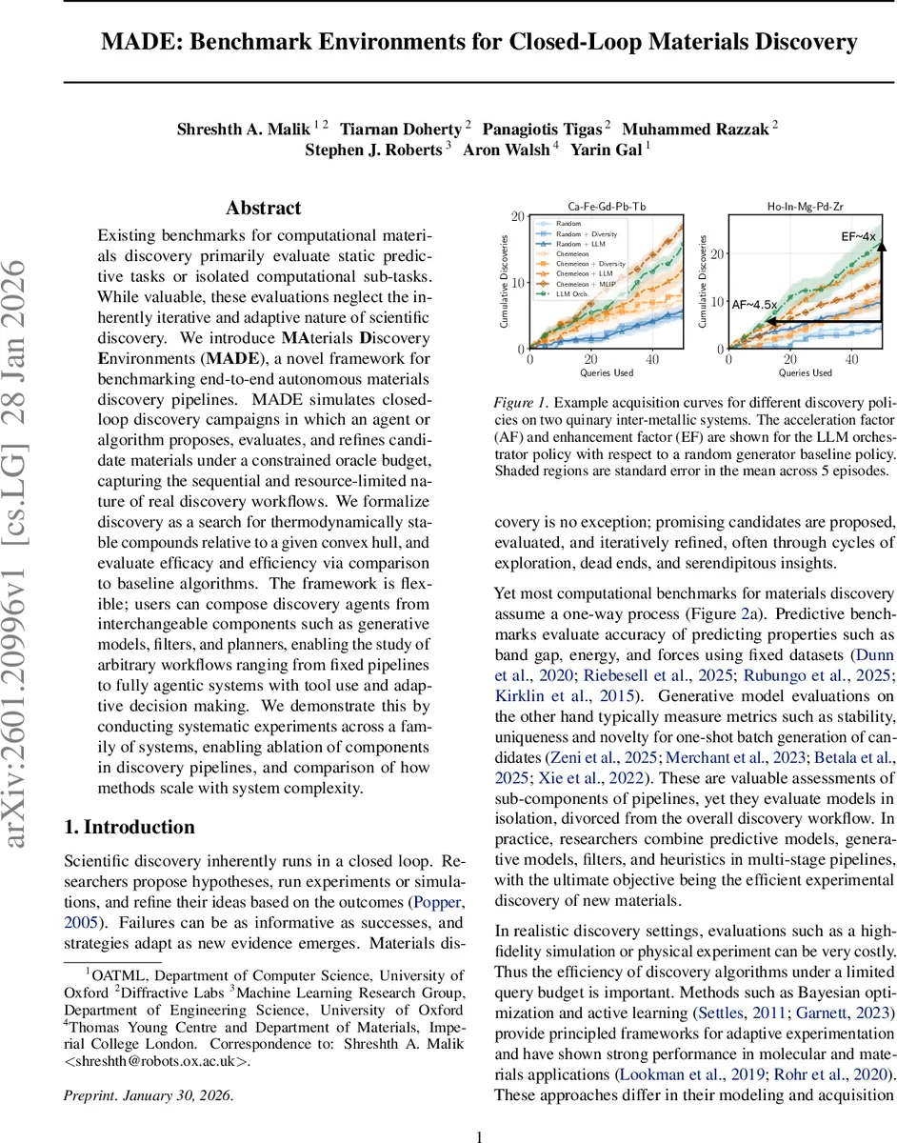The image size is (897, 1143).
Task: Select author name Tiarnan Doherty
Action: [406, 129]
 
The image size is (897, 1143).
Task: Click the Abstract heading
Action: [263, 208]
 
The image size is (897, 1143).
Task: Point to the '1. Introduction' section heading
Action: [129, 826]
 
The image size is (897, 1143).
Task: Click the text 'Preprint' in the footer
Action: [89, 1094]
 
